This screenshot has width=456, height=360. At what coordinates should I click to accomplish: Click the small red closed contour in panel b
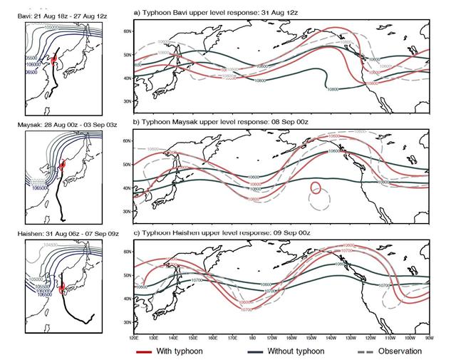(x=315, y=189)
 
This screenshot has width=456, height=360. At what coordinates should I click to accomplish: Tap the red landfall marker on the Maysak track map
(x=63, y=165)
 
